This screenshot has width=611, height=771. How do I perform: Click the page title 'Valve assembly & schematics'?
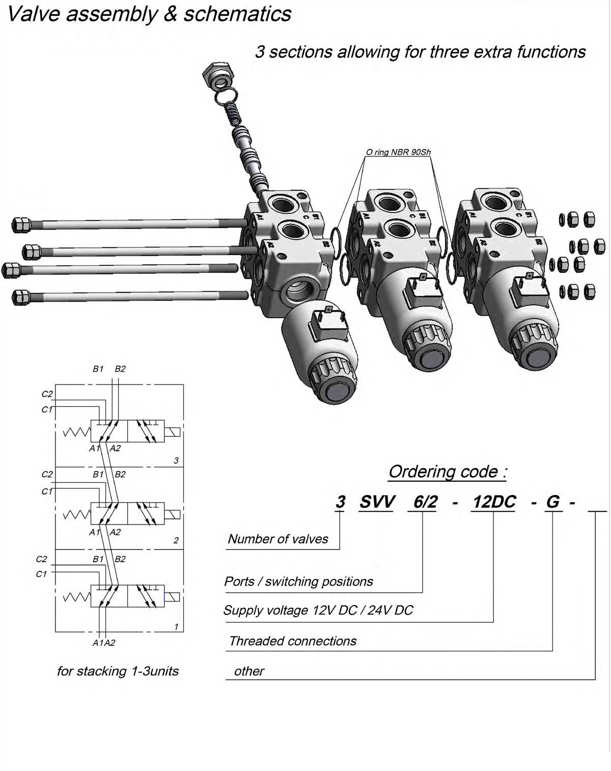[x=149, y=14]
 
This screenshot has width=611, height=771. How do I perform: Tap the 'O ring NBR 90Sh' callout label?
[x=398, y=152]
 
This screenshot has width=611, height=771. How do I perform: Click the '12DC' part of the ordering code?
[x=494, y=502]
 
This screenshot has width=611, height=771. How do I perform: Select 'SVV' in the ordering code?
[x=376, y=502]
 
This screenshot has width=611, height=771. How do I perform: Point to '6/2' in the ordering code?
[x=425, y=502]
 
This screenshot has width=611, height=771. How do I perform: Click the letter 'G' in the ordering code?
[x=552, y=502]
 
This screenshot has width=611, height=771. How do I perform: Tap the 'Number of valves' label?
[x=277, y=539]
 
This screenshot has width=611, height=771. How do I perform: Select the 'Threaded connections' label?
[x=292, y=641]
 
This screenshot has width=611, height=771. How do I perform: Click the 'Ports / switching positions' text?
[x=298, y=582]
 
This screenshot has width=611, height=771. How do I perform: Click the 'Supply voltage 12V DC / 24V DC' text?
[x=318, y=610]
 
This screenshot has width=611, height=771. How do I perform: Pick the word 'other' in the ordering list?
[x=248, y=671]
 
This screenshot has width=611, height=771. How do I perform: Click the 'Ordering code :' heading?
[x=447, y=472]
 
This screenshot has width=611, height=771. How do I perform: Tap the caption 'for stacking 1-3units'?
[x=118, y=671]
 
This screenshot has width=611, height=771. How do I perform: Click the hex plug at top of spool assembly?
[x=218, y=74]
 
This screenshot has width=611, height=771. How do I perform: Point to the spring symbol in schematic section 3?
[x=76, y=432]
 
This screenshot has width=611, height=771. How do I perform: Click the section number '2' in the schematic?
[x=176, y=540]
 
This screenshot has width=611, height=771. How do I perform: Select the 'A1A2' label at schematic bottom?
[x=104, y=643]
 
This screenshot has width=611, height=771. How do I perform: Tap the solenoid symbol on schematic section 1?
[x=173, y=597]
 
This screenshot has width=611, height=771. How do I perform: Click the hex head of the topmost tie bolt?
[x=20, y=224]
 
